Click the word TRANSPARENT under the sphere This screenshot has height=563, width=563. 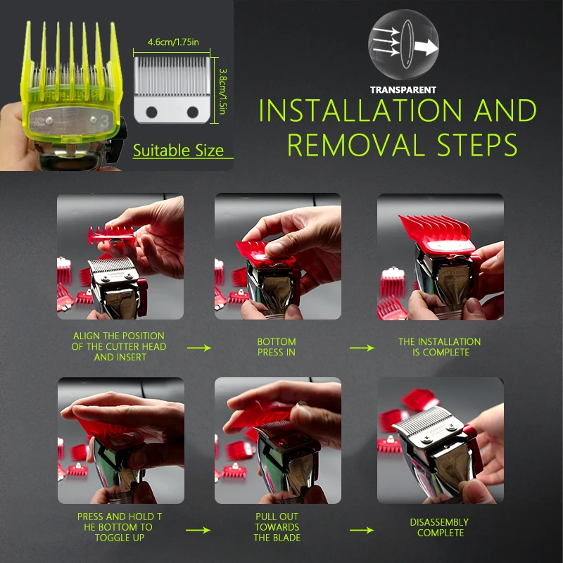403,90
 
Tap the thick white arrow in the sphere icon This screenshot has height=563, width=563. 426,46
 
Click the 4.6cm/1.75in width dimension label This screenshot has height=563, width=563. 173,42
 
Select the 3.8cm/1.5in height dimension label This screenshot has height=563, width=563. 222,91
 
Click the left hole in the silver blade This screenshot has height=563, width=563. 151,112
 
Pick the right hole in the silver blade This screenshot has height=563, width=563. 193,112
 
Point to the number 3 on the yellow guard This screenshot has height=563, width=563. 104,121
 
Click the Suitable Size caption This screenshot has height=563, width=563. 179,150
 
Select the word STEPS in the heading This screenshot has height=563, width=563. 477,145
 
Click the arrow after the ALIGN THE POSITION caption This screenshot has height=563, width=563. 199,348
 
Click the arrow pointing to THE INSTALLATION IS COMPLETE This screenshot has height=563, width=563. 362,348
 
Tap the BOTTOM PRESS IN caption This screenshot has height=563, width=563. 277,347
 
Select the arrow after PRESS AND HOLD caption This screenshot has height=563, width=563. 198,530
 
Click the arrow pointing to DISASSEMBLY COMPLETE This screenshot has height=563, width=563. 362,530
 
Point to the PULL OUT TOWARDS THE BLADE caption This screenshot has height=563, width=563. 277,527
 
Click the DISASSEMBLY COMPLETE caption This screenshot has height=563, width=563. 439,527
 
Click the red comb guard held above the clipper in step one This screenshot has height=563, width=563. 111,234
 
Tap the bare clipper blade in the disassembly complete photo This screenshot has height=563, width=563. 426,422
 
